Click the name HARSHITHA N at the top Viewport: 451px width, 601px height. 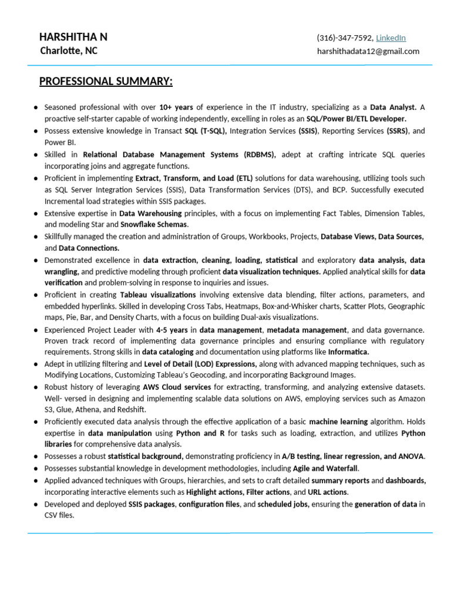[x=73, y=38]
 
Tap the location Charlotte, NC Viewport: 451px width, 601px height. [x=69, y=51]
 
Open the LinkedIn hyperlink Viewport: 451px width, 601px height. [x=391, y=38]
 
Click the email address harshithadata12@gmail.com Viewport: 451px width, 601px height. [x=368, y=52]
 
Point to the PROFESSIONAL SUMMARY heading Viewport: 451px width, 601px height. [x=106, y=81]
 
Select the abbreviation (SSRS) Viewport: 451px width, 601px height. [x=399, y=131]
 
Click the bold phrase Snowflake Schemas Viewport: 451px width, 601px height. [x=154, y=225]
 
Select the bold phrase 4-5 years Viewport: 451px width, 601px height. [x=173, y=330]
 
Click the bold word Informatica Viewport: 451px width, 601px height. [x=348, y=352]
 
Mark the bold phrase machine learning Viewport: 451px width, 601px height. [x=338, y=422]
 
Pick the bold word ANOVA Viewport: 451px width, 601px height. [x=412, y=457]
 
